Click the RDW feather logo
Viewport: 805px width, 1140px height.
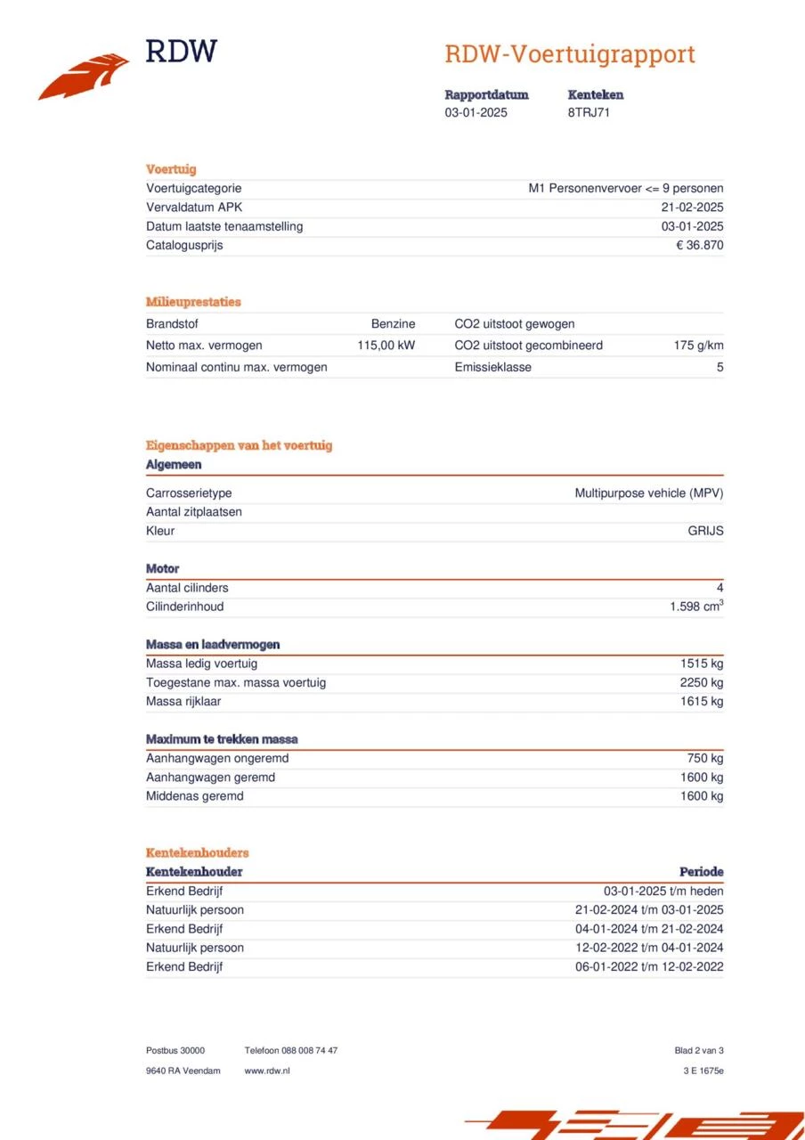click(x=83, y=77)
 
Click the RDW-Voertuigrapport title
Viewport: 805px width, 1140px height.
click(x=569, y=54)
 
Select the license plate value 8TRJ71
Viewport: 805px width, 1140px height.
click(x=589, y=113)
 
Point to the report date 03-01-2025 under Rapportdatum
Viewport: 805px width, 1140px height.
click(x=476, y=113)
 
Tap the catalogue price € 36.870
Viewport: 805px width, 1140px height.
click(x=699, y=246)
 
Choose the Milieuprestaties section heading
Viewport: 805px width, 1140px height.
click(x=193, y=302)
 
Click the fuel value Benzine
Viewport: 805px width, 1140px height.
click(x=393, y=324)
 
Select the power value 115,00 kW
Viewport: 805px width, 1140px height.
click(x=386, y=346)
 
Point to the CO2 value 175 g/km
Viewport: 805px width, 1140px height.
click(x=698, y=346)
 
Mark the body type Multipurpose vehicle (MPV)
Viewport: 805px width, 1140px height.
click(x=648, y=493)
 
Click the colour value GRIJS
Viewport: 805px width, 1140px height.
click(x=705, y=532)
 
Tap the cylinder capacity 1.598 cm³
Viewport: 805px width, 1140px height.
click(x=696, y=607)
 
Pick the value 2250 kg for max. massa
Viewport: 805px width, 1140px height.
click(x=701, y=683)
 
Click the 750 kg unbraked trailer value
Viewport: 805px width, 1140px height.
click(x=704, y=759)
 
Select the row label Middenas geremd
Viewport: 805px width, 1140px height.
click(x=194, y=796)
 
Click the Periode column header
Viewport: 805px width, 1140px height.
click(x=701, y=872)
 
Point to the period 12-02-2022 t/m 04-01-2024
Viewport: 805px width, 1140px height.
click(x=649, y=948)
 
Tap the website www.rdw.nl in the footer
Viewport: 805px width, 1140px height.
click(x=267, y=1071)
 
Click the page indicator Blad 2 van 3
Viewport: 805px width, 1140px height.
click(x=698, y=1051)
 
